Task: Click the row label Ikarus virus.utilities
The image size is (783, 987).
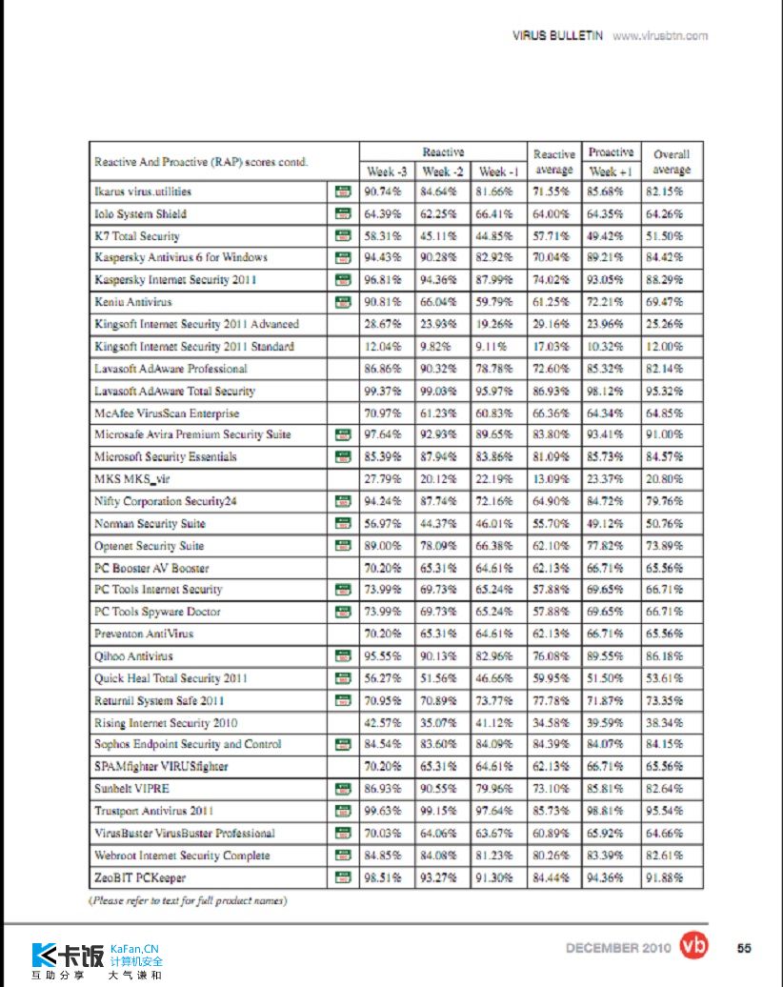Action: (x=143, y=191)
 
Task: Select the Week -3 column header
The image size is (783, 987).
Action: (x=387, y=172)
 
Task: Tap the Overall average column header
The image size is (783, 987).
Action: (x=672, y=162)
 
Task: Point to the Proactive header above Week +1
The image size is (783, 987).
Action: (x=611, y=152)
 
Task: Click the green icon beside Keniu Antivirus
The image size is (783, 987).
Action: (x=342, y=302)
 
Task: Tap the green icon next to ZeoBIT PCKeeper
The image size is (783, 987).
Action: (x=342, y=877)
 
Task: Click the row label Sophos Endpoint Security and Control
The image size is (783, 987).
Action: (x=188, y=744)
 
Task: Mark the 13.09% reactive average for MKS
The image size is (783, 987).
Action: (x=552, y=479)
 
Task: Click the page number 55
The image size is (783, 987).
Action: (x=744, y=947)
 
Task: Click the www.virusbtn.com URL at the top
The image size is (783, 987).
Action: (x=660, y=36)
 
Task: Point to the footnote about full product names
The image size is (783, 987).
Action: (x=188, y=900)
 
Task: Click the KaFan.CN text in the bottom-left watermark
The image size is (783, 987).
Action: (x=134, y=949)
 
